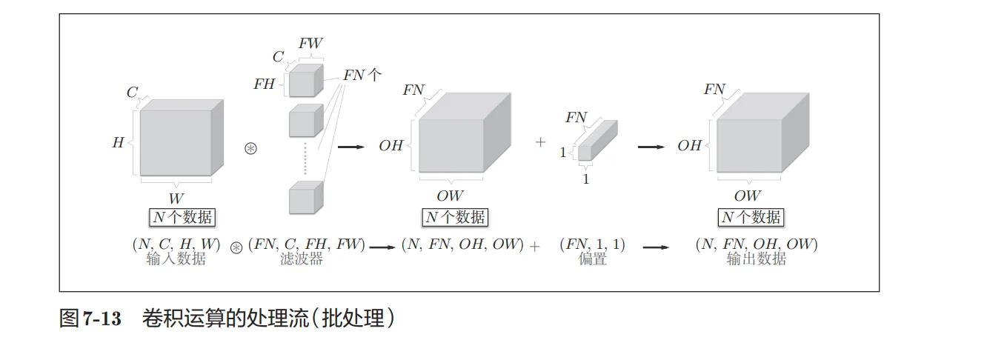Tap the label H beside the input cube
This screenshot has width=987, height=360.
(x=118, y=143)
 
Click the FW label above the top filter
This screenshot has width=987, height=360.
(x=310, y=43)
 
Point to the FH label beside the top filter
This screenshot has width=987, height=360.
(x=264, y=84)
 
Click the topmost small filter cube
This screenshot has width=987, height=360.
(x=305, y=81)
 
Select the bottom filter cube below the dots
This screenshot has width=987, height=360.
(x=305, y=198)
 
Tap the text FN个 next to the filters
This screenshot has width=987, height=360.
(x=362, y=75)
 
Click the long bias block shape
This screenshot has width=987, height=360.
(x=596, y=141)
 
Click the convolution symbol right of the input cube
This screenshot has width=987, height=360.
(x=250, y=147)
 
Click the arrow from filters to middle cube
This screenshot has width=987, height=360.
(x=351, y=147)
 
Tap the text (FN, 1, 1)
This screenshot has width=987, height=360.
(x=592, y=244)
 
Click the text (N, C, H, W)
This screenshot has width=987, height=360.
(x=176, y=244)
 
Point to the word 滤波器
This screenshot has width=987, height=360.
(x=301, y=260)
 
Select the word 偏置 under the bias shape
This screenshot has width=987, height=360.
(x=592, y=260)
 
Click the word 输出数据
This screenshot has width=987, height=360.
(x=756, y=260)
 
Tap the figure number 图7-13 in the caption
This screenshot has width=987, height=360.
(x=90, y=319)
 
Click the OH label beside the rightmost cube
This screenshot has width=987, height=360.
(x=689, y=146)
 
